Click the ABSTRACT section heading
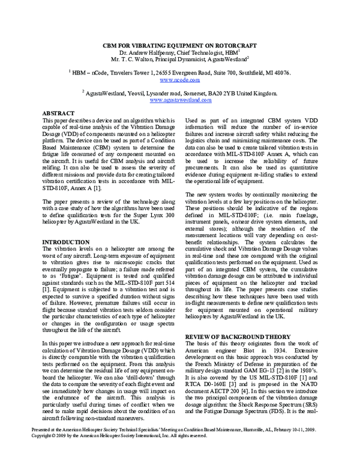tap(58, 113)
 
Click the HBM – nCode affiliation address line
tap(180, 72)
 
